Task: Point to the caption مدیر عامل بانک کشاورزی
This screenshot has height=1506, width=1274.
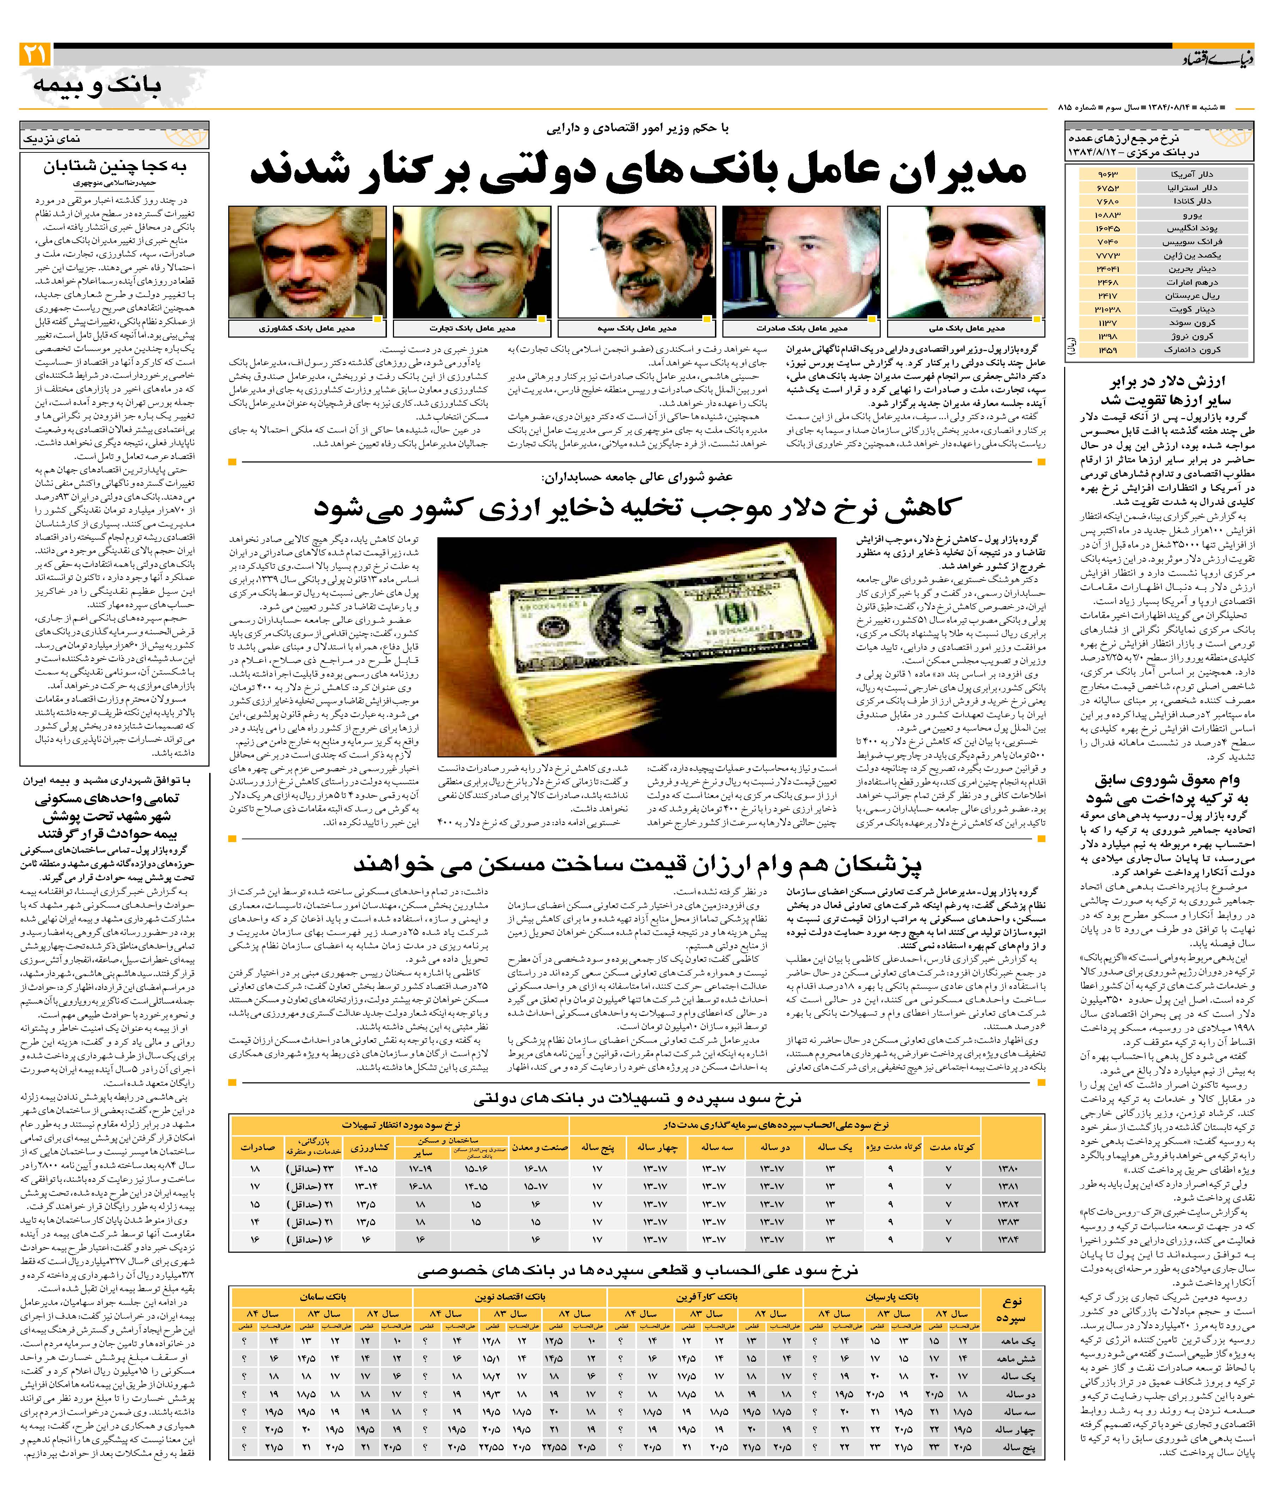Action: pos(307,329)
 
